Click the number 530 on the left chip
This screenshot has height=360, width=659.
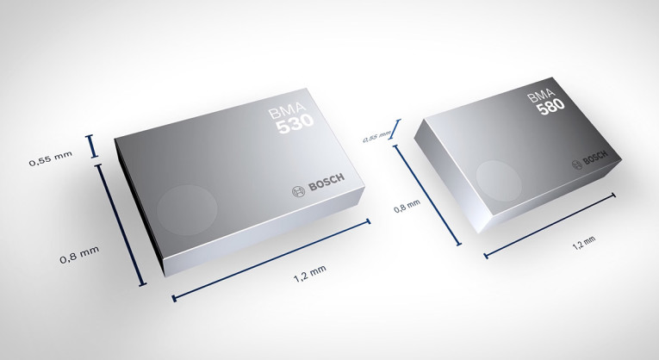click(x=295, y=126)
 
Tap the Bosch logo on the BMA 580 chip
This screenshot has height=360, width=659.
click(x=590, y=160)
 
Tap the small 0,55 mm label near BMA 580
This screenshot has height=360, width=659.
click(x=376, y=136)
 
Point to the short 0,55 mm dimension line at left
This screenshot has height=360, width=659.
click(x=93, y=146)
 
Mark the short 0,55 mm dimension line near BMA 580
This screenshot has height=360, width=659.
click(x=396, y=129)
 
